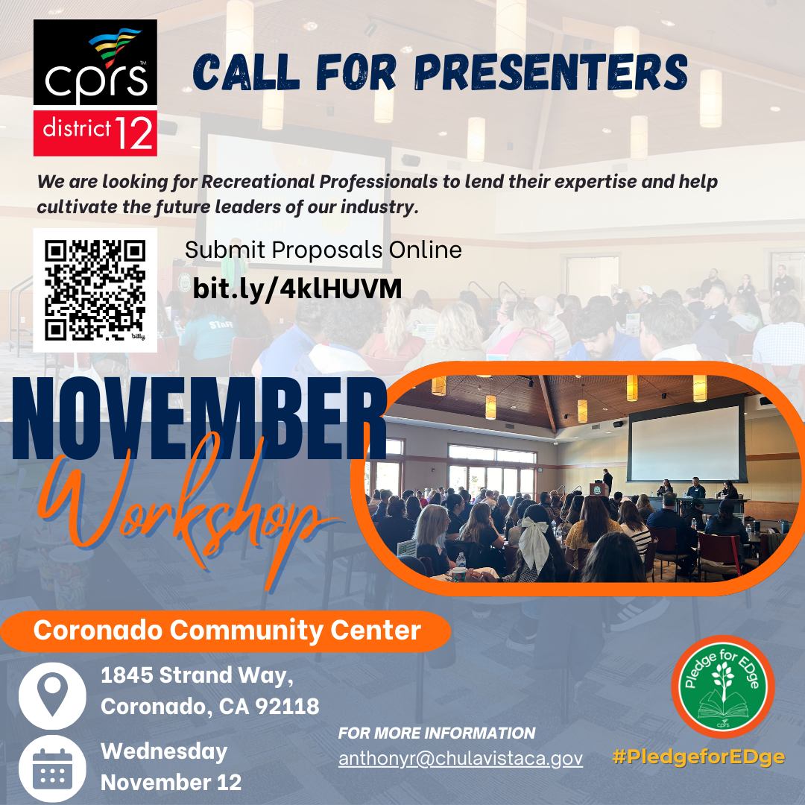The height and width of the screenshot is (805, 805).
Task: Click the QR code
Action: click(x=95, y=290)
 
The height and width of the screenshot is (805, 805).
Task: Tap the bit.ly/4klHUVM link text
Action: click(x=297, y=289)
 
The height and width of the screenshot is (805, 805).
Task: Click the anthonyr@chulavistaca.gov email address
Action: click(x=461, y=758)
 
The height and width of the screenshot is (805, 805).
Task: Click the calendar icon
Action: click(x=52, y=768)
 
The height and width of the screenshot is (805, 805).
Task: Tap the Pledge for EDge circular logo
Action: click(x=723, y=686)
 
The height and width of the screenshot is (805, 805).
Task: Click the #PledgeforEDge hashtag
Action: click(x=698, y=757)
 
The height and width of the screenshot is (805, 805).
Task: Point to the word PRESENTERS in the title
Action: click(x=551, y=72)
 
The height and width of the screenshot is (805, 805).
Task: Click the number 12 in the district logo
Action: click(x=134, y=133)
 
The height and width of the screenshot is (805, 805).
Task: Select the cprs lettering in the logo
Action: click(x=96, y=79)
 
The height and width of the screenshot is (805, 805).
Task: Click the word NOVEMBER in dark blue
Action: click(x=199, y=419)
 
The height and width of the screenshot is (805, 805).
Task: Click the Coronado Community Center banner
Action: click(x=226, y=631)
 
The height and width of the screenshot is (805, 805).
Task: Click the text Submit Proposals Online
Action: click(x=323, y=250)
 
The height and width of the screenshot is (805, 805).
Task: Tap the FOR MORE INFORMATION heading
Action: click(x=437, y=733)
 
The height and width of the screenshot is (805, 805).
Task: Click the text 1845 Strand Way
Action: click(x=197, y=675)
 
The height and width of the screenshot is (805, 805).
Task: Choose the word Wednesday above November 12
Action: click(x=164, y=752)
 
